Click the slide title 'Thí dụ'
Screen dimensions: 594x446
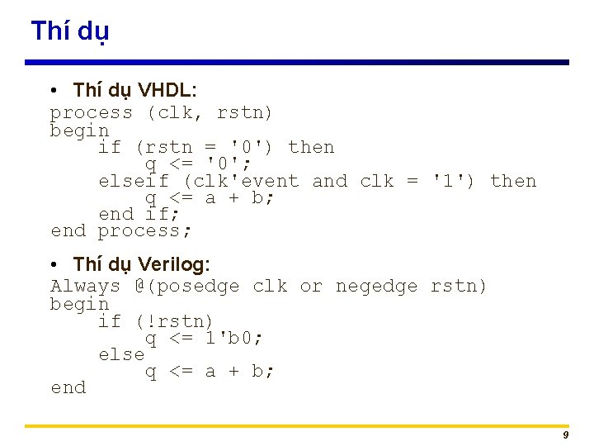[x=69, y=31]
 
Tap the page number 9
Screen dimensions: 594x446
[x=565, y=435]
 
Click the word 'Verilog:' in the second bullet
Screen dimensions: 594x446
[x=174, y=264]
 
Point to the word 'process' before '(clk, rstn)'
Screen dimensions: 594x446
[x=91, y=112]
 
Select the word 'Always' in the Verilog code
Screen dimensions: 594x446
[x=85, y=287]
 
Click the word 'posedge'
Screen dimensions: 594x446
[x=198, y=287]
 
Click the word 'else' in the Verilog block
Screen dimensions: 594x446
[x=121, y=354]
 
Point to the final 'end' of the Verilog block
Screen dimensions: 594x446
[x=68, y=387]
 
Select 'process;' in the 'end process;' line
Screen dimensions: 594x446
[x=144, y=230]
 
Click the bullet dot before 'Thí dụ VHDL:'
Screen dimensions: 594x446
[x=53, y=89]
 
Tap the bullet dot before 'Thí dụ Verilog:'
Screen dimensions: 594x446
[x=53, y=264]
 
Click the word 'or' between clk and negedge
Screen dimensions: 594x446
[x=311, y=287]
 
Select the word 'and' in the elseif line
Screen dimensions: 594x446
[x=330, y=181]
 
